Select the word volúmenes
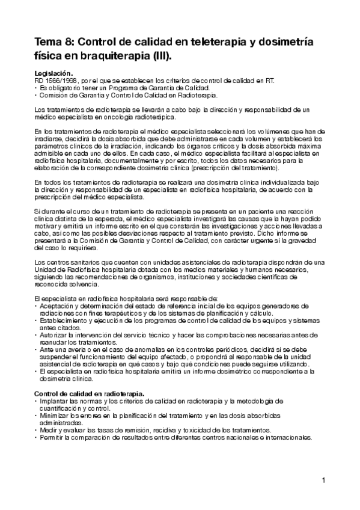pyautogui.click(x=280, y=131)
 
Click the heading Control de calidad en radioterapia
pyautogui.click(x=89, y=393)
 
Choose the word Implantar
pyautogui.click(x=54, y=400)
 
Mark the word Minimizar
pyautogui.click(x=55, y=414)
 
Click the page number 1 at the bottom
pyautogui.click(x=323, y=481)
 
